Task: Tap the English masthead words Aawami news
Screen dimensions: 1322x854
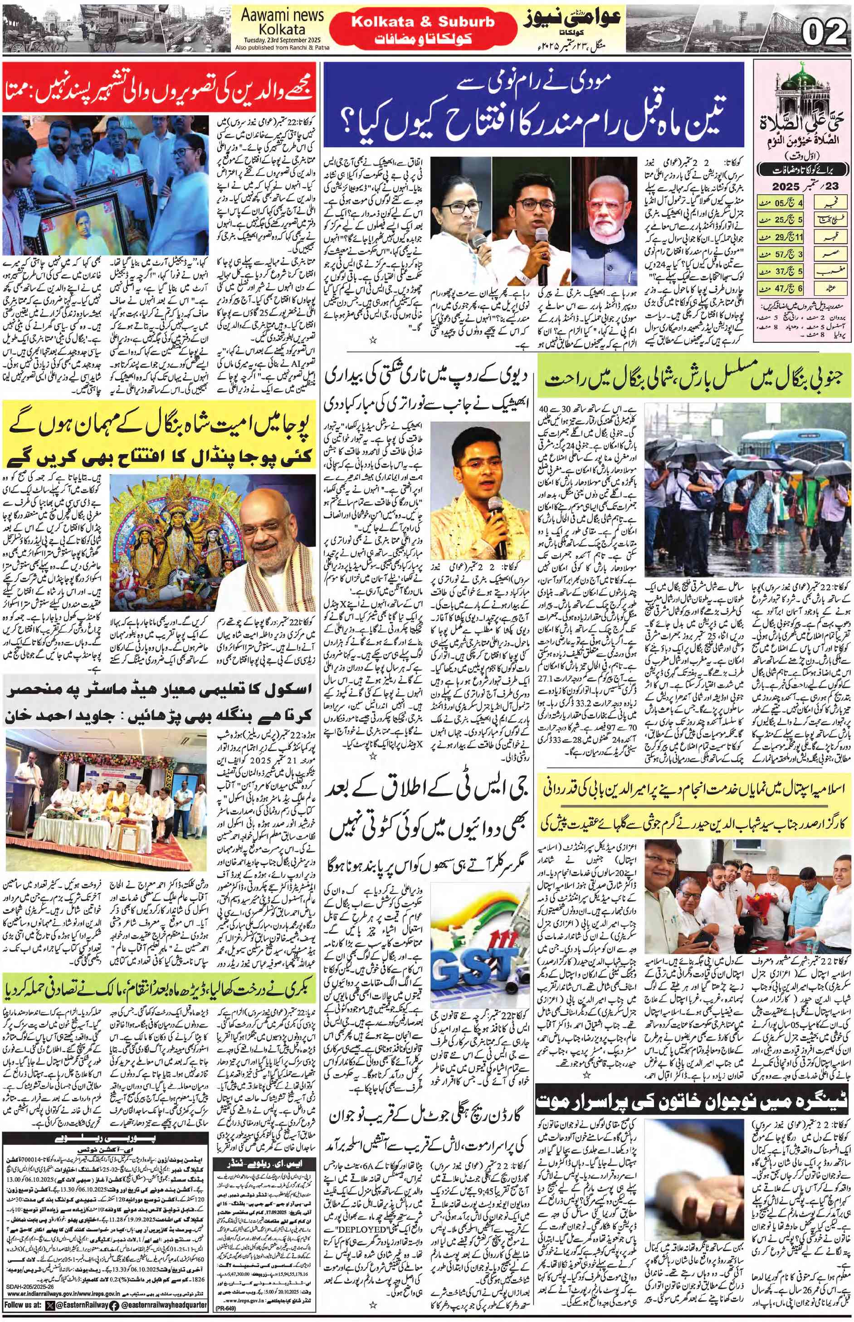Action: tap(282, 15)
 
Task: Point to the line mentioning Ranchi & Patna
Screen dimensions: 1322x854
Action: tap(282, 48)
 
